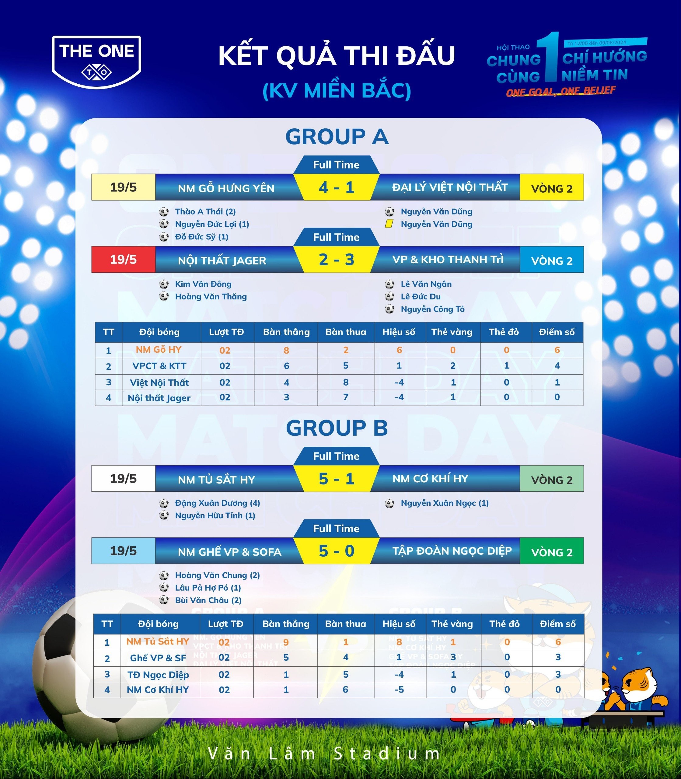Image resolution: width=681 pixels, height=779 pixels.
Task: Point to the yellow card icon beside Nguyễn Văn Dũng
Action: point(389,224)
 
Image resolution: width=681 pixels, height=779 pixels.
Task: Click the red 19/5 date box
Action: point(123,260)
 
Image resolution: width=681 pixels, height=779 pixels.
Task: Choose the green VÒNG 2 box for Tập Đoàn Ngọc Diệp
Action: point(551,552)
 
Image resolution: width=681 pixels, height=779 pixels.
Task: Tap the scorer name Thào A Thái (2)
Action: point(205,212)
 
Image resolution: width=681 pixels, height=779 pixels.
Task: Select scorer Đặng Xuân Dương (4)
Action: point(217,503)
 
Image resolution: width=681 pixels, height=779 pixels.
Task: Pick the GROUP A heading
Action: point(337,137)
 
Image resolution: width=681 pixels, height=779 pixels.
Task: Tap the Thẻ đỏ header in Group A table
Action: point(504,332)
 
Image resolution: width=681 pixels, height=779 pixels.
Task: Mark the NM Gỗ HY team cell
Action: point(159,350)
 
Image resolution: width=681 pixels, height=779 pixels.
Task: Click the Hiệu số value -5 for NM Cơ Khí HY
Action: point(399,690)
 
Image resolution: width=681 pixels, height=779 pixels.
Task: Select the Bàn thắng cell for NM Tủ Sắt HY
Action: point(286,642)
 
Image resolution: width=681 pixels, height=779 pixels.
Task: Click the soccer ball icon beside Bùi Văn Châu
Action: point(164,600)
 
